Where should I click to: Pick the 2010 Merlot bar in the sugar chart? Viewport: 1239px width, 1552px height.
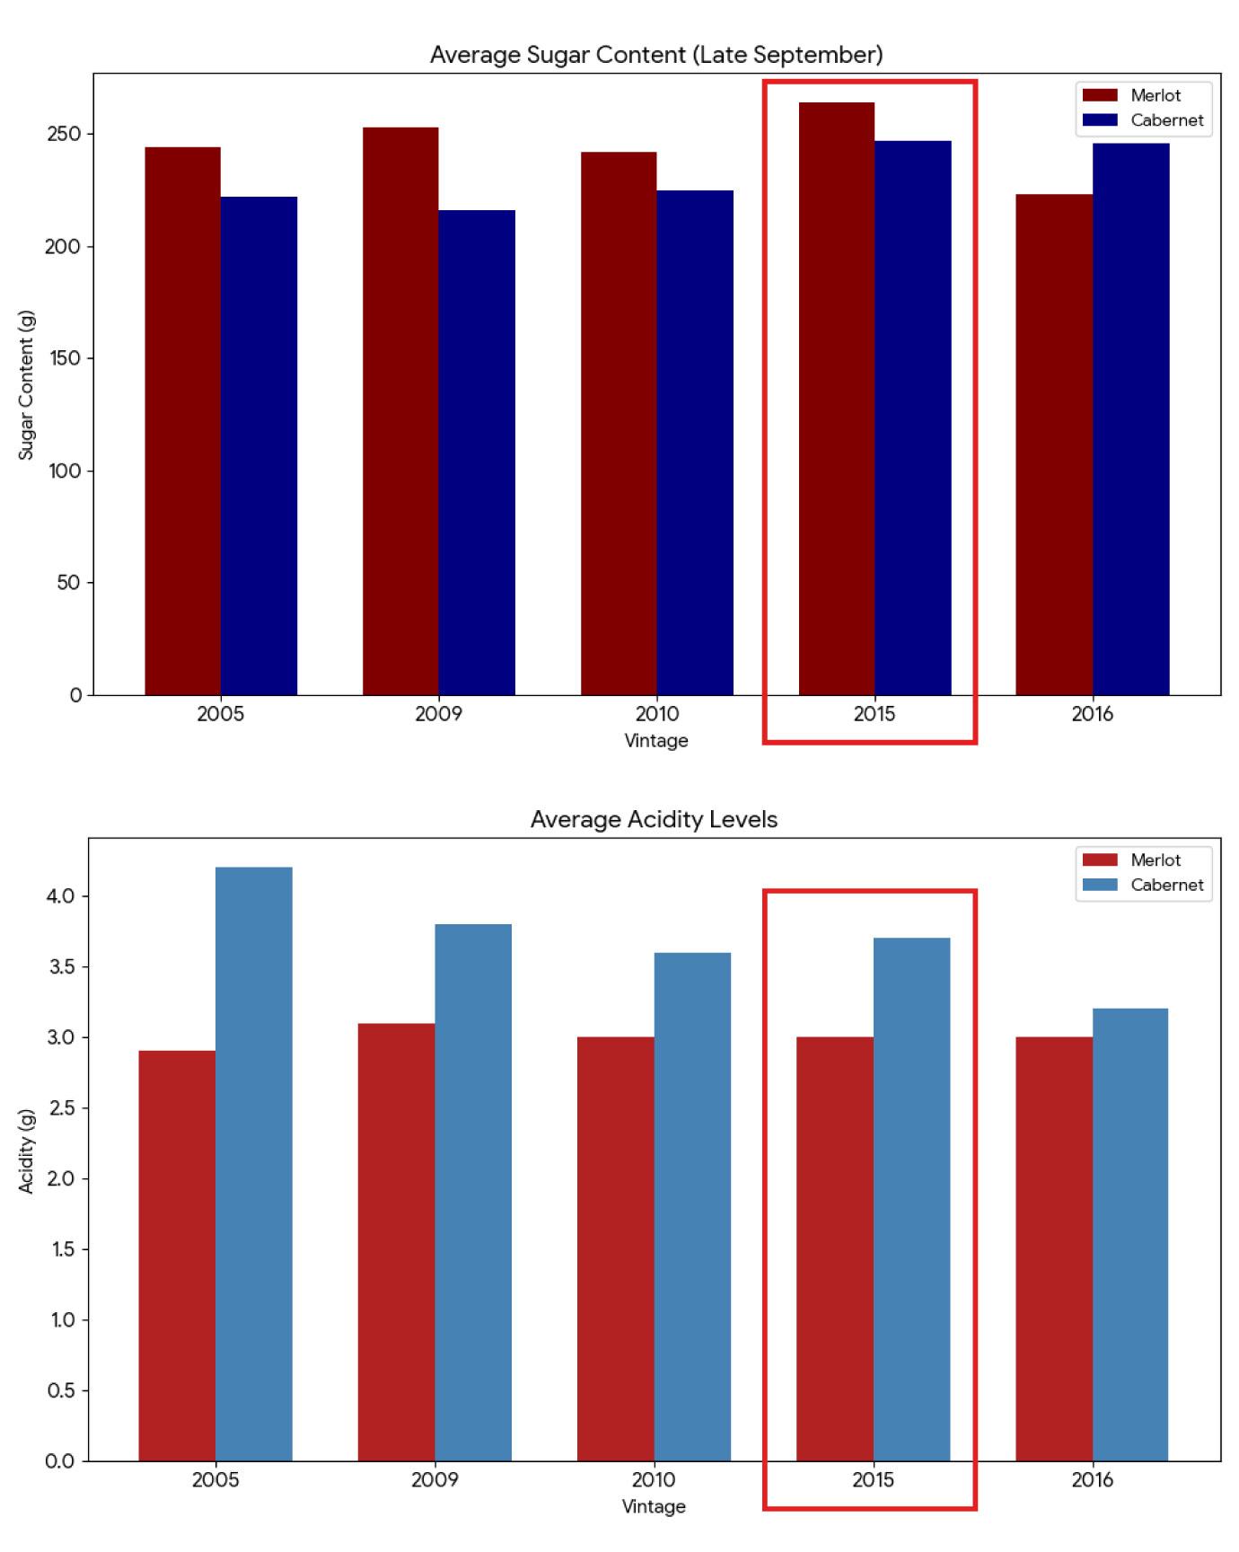point(619,423)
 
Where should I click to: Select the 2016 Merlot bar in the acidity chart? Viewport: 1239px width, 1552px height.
point(1053,1248)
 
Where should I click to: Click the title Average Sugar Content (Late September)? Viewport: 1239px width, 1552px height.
point(656,55)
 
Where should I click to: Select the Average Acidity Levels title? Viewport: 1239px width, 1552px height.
point(654,819)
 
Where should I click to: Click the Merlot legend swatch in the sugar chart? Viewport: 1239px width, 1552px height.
point(1100,95)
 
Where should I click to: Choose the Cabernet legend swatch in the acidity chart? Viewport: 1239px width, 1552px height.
point(1100,885)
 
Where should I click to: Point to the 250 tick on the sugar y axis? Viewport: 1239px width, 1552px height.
point(64,134)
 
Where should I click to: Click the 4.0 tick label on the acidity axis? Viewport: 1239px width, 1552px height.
point(61,896)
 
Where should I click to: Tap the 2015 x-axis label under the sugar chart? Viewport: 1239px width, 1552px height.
point(874,714)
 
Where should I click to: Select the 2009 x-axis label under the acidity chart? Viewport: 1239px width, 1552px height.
point(435,1479)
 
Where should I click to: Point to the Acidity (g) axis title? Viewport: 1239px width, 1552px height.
point(26,1151)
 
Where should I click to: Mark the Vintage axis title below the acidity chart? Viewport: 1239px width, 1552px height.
point(654,1506)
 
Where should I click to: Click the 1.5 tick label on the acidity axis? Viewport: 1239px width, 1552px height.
point(62,1249)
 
